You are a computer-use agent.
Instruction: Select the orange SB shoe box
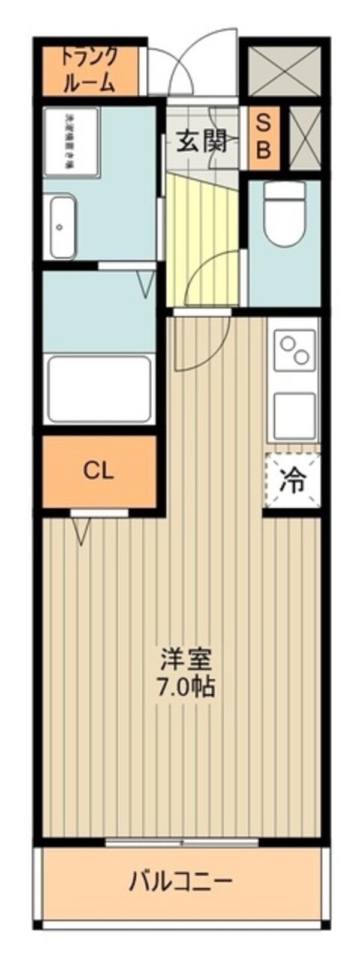coord(263,137)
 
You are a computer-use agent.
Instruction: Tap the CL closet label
coord(98,471)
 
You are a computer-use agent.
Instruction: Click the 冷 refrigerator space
coord(292,481)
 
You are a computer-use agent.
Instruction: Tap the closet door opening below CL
coord(99,513)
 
